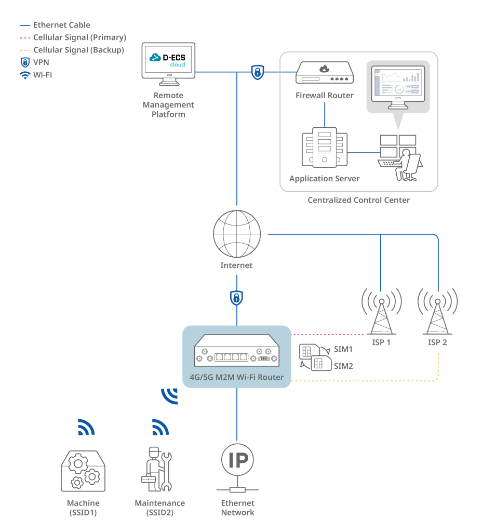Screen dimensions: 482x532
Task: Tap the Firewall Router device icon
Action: point(325,72)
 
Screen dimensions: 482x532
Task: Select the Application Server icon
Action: point(325,147)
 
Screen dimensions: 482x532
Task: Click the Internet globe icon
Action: point(237,234)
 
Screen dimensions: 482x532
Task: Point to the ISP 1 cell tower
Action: point(382,312)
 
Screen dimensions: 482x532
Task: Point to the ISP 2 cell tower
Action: point(437,312)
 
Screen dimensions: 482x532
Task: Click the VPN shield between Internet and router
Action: point(236,298)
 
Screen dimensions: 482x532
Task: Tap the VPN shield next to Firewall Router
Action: point(258,72)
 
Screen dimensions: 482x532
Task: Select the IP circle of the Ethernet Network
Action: point(237,460)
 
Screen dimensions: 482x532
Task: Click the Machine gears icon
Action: point(83,471)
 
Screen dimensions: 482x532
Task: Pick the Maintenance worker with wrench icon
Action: point(157,469)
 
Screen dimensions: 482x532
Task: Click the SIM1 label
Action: point(343,349)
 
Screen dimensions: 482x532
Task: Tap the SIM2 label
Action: point(343,366)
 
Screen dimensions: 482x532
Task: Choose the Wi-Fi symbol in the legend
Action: point(25,75)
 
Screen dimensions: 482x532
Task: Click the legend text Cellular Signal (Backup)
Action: point(79,50)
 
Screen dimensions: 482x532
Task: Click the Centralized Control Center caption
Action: point(358,200)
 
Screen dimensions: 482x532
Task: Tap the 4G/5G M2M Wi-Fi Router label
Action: point(237,377)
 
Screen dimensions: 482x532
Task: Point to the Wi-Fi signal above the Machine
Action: point(86,427)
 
